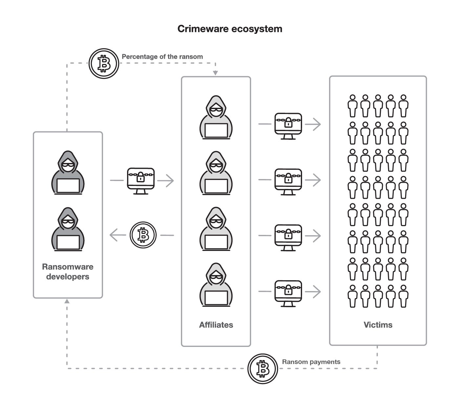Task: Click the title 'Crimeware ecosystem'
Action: [230, 29]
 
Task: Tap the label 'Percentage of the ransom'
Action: [162, 57]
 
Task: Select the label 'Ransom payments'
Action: [311, 362]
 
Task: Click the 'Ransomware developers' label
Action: [68, 272]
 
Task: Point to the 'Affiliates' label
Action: [216, 325]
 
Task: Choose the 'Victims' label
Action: [378, 325]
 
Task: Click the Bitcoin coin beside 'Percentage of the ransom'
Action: [104, 63]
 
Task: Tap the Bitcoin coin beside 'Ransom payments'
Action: [262, 369]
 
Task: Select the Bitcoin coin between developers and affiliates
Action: [143, 235]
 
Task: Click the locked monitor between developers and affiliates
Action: [141, 180]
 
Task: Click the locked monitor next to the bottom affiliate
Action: [288, 293]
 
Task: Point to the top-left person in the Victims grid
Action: [353, 106]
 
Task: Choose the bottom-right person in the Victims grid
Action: [404, 296]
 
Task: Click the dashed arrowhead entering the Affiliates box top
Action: [215, 73]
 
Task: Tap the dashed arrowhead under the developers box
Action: [67, 301]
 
